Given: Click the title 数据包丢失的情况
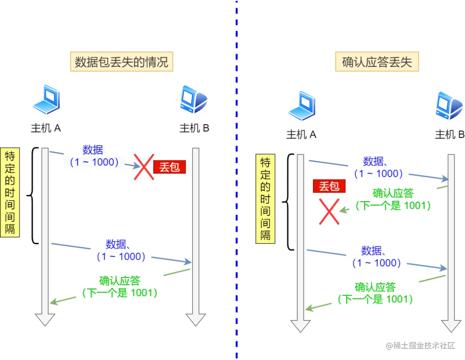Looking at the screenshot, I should pos(121,62).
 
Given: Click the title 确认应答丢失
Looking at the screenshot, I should pos(377,62).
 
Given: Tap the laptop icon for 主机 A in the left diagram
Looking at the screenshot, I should pos(46,100).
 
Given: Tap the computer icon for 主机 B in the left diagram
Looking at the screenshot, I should pos(194,100).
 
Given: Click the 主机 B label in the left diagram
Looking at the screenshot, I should pos(194,128).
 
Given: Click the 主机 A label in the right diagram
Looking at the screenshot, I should pos(301,135).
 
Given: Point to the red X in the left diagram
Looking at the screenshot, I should pos(143,167).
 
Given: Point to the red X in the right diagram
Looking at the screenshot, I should pos(329,211).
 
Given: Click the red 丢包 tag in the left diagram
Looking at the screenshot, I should pos(170,167).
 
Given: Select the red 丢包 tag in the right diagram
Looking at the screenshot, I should pos(329,186).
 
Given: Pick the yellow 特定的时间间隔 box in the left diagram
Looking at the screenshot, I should pos(10,192).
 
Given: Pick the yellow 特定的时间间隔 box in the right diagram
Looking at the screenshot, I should pos(265,199).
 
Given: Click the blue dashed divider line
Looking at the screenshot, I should pos(236,181).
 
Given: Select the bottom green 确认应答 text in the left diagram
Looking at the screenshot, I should pos(120,281).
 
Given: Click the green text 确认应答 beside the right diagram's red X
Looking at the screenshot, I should pos(393,193).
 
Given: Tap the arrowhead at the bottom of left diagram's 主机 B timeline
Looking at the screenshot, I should pos(196,320).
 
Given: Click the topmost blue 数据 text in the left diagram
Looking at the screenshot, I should pos(93,150).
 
